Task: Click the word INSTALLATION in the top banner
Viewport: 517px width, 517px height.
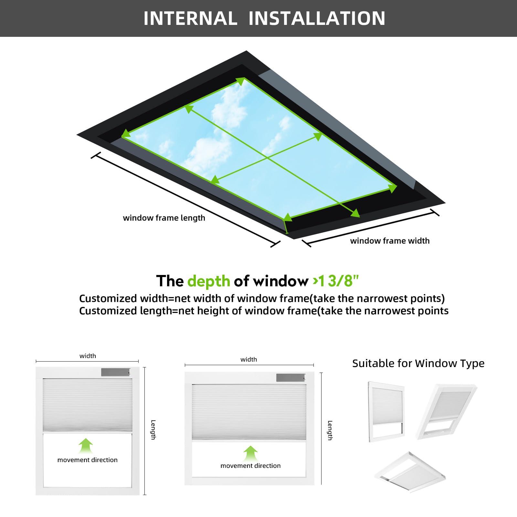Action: coord(317,18)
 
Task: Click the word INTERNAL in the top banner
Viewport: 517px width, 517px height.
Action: coord(190,18)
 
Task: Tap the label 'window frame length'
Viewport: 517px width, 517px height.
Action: coord(164,218)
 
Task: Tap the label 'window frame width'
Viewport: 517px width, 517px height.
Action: coord(390,241)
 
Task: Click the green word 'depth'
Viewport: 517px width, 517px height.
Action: coord(208,281)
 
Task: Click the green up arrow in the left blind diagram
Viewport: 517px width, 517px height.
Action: coord(86,446)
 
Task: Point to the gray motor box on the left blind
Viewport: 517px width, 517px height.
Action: coord(115,372)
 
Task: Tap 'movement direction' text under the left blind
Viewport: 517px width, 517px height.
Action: coord(87,460)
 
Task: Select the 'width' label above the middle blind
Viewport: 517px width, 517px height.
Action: coord(248,359)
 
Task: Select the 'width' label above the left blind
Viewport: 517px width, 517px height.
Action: coord(88,356)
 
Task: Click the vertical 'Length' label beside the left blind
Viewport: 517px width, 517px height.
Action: coord(153,429)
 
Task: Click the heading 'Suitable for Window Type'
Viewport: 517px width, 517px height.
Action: coord(418,363)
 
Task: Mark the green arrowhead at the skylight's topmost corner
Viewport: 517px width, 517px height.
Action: coord(241,80)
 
